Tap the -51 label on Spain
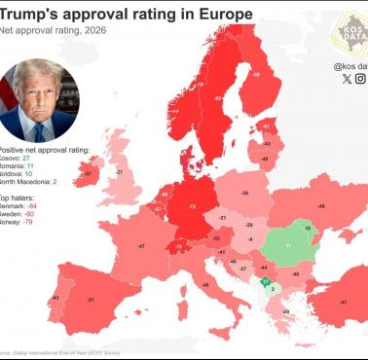pos(92,302)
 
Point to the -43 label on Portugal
pos(55,298)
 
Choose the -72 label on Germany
pos(192,207)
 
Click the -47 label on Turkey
pos(343,303)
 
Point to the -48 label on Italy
pos(205,284)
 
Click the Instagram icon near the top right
pos(360,79)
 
